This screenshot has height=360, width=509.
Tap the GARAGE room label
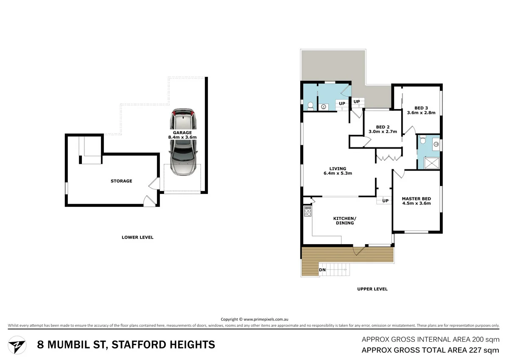point(182,135)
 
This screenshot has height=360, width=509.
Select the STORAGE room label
point(121,181)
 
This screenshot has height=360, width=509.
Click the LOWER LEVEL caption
point(137,237)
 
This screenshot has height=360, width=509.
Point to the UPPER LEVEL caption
point(372,289)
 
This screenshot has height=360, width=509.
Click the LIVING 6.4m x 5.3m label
point(338,171)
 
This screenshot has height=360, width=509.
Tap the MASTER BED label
point(416,201)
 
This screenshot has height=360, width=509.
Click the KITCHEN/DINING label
point(344,220)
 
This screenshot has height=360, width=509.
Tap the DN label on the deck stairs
point(322,270)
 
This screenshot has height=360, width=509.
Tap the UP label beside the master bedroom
point(385,201)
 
